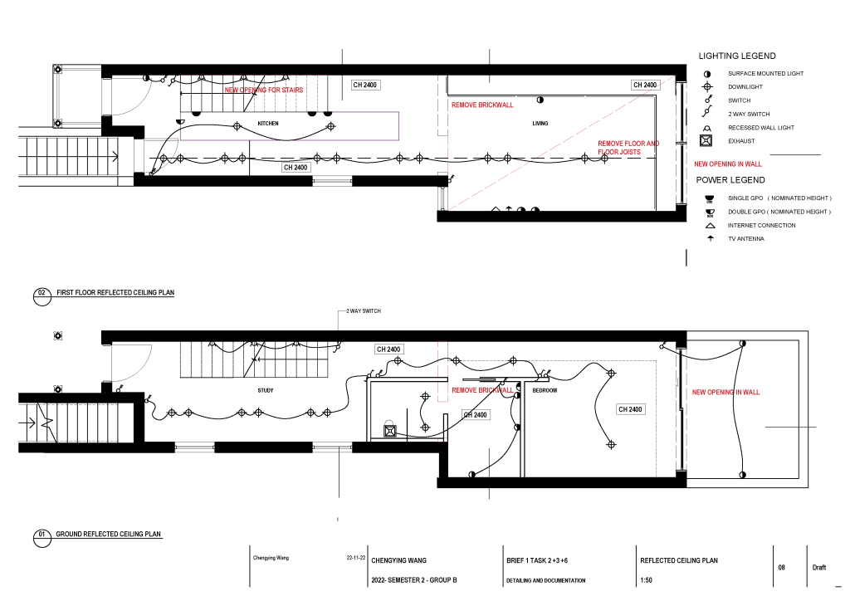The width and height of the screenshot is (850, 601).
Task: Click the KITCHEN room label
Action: pos(268,124)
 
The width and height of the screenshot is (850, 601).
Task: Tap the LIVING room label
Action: pos(540,124)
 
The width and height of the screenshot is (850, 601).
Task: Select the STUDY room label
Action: pos(265,390)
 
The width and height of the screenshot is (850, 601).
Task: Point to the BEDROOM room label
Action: pos(545,390)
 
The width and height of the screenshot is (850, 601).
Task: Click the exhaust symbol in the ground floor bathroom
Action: pos(390,431)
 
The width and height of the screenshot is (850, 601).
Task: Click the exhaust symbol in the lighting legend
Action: pos(706,141)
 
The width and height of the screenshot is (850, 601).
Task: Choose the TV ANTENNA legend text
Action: pos(746,239)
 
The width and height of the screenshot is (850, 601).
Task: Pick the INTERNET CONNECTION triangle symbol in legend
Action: pos(711,226)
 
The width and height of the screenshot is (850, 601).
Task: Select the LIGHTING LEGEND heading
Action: pos(737,56)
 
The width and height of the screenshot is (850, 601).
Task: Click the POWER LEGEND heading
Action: pos(730,180)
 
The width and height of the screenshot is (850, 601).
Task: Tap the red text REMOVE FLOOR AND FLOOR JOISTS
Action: pos(628,148)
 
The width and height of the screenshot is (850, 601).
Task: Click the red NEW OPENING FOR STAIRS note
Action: pos(264,90)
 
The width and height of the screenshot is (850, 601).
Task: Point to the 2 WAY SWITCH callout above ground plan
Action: pos(364,311)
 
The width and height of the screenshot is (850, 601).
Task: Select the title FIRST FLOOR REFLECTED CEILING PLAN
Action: pos(115,293)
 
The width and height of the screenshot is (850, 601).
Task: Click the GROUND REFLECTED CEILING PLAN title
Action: pos(109,535)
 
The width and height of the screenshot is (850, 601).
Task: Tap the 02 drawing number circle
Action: pos(42,297)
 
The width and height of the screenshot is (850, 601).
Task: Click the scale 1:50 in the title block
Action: pos(646,580)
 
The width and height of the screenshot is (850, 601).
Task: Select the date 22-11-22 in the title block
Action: pos(355,558)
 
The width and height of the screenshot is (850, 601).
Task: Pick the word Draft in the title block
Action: pos(819,568)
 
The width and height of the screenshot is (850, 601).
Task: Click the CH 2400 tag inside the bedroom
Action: pos(630,410)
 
